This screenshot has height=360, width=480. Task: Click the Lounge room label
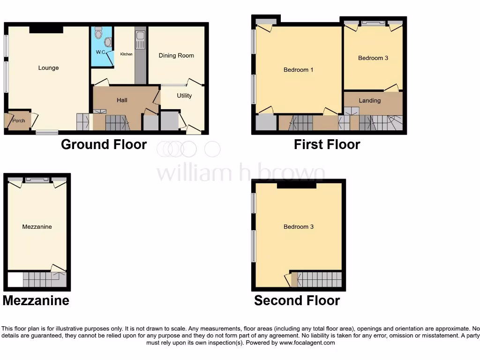[49, 68]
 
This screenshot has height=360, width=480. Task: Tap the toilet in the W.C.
[98, 32]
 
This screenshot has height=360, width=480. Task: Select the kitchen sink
[140, 40]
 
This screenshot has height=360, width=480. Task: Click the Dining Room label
[176, 55]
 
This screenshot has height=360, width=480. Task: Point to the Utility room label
[184, 96]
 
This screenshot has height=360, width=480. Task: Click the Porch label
[19, 121]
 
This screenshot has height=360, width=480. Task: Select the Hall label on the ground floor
[122, 100]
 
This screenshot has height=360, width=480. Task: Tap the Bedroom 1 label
[299, 70]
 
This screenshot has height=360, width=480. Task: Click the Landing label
[370, 100]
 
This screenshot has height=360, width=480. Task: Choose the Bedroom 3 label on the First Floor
[373, 58]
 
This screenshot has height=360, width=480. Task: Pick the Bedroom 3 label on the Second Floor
[299, 227]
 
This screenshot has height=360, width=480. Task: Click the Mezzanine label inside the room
[37, 227]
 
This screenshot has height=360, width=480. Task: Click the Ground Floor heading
[104, 144]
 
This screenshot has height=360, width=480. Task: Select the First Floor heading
[327, 144]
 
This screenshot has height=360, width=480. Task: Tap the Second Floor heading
[297, 300]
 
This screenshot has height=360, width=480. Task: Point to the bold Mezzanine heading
[36, 300]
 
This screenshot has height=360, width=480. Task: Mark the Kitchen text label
[127, 54]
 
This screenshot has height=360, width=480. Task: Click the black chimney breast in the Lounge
[46, 30]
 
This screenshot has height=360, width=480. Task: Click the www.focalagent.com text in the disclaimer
[308, 343]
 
